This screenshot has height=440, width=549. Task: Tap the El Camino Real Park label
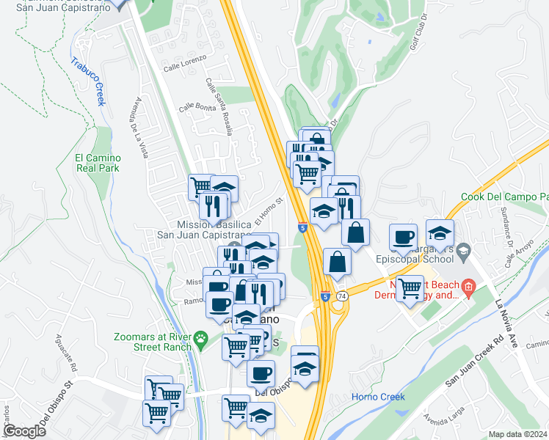97,162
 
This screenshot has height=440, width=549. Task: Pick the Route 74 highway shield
342,296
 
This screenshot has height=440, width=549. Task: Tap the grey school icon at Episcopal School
464,252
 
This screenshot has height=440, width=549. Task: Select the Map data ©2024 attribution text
518,434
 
